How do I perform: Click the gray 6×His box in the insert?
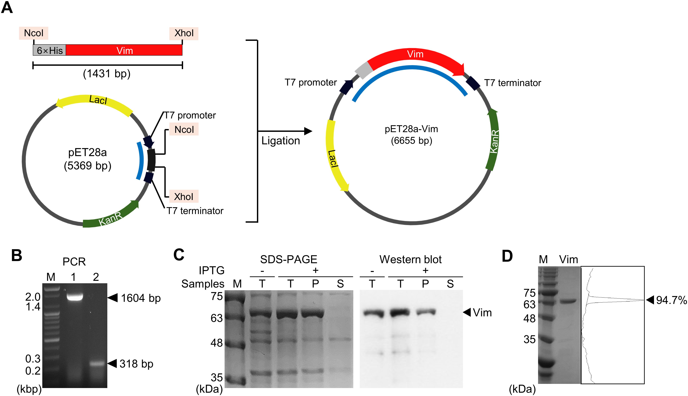(x=49, y=50)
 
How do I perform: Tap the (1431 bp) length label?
(x=107, y=74)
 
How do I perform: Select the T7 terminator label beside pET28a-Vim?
(x=513, y=83)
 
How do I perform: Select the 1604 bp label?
(x=141, y=298)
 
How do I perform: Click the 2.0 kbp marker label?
(x=33, y=297)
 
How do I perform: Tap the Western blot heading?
(x=410, y=260)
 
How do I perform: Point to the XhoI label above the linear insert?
(x=184, y=33)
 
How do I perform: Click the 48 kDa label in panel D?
(x=529, y=318)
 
